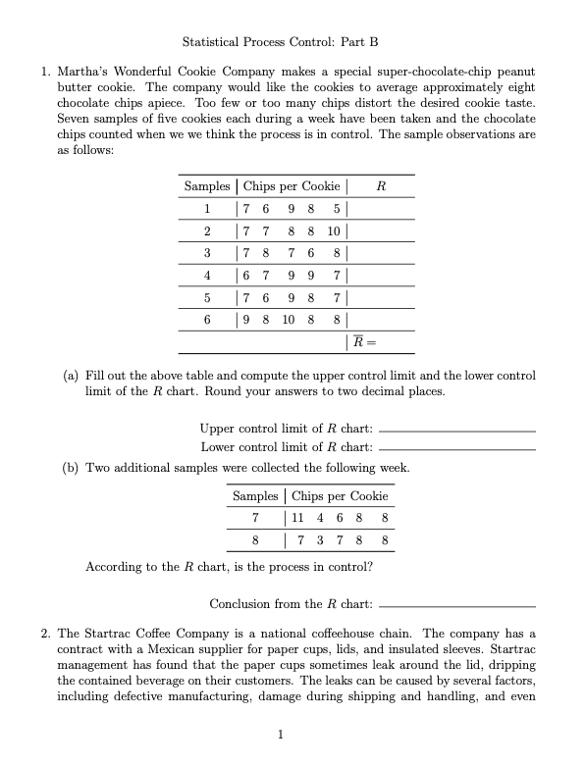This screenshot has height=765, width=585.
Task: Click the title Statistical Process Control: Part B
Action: tap(280, 42)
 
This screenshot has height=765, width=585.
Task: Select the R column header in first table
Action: tap(381, 186)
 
